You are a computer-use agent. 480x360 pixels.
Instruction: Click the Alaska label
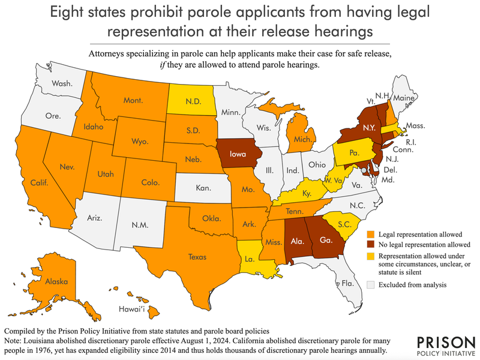pyautogui.click(x=56, y=280)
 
